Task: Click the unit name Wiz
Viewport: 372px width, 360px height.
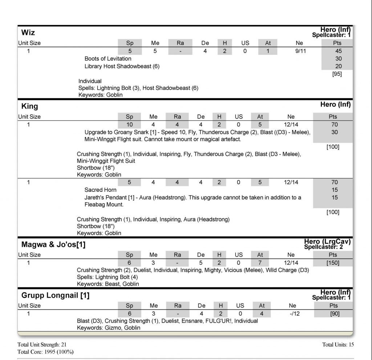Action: click(28, 32)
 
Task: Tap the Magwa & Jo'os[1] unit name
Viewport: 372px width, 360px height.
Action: click(53, 244)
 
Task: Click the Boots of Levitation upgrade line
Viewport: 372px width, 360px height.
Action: click(108, 58)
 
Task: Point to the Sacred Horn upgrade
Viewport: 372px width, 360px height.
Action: click(101, 190)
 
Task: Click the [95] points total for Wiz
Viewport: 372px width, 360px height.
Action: click(337, 74)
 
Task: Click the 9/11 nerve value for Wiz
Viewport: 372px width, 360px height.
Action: click(300, 51)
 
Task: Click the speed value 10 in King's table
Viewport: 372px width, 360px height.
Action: click(130, 125)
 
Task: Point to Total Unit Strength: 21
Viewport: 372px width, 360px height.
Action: click(42, 344)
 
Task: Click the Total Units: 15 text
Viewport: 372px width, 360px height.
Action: click(338, 344)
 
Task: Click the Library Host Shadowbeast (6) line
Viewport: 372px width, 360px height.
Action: click(122, 66)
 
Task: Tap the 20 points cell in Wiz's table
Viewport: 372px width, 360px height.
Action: click(339, 66)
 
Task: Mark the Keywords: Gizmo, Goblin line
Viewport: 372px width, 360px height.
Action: click(109, 328)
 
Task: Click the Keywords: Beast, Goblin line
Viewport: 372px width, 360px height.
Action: click(108, 284)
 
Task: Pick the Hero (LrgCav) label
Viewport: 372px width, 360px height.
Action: click(327, 242)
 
